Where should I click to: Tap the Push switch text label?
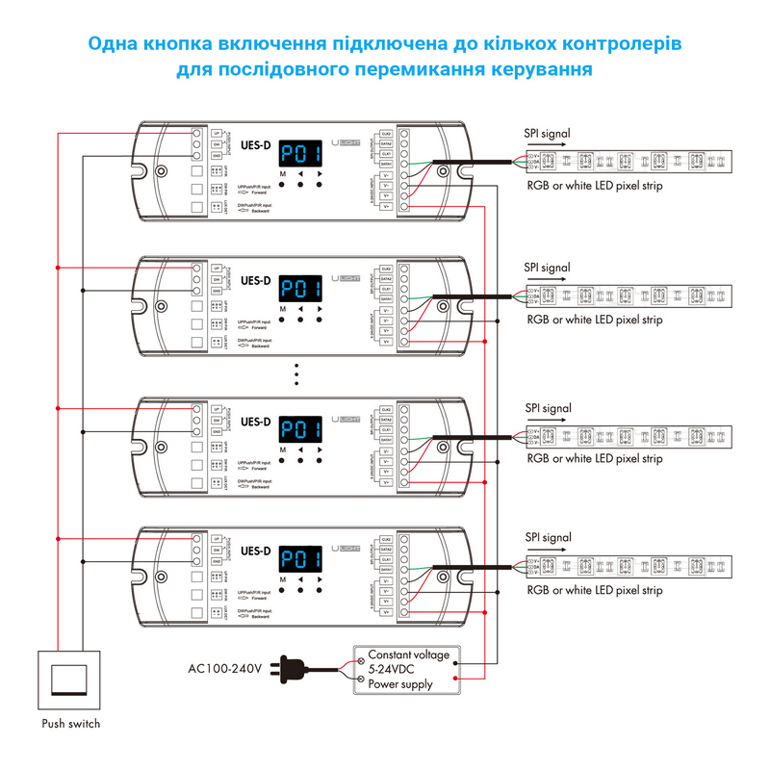(70, 724)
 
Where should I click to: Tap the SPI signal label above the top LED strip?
(547, 133)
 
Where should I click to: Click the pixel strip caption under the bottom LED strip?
(595, 590)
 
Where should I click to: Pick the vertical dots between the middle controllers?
(298, 372)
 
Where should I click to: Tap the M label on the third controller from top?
(283, 449)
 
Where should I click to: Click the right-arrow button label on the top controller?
(319, 173)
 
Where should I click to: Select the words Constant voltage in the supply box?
(408, 654)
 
